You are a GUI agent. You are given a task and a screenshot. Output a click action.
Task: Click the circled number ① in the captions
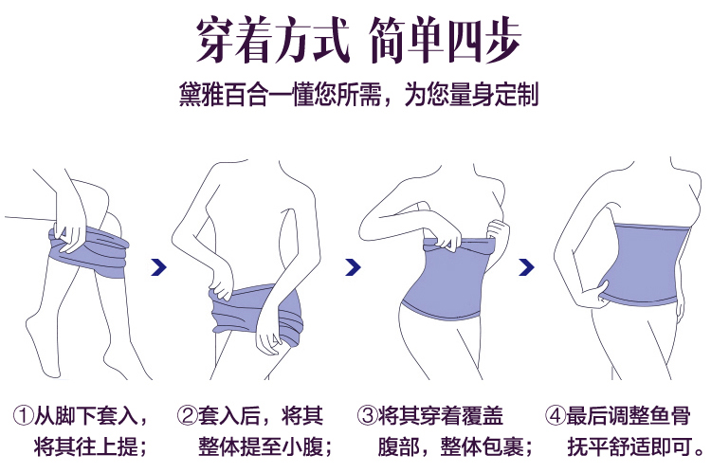pos(24,415)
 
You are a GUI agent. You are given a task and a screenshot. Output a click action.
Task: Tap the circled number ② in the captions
pos(188,415)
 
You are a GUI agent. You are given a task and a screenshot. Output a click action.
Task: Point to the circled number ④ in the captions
pos(556,415)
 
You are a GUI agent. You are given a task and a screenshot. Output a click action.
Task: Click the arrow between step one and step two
pos(158,267)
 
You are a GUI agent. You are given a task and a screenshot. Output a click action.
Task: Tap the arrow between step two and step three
pos(353,267)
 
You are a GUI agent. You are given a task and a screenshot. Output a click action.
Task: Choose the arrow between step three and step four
pos(526,267)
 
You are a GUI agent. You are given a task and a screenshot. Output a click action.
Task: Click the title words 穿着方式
pos(273,40)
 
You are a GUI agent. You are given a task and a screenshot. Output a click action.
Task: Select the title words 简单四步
pos(445,40)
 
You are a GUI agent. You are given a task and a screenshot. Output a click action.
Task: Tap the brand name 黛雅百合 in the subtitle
pos(223,95)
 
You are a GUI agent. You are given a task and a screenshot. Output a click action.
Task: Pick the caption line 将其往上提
pos(85,447)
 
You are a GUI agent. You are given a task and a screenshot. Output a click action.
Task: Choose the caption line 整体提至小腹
pos(261,447)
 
